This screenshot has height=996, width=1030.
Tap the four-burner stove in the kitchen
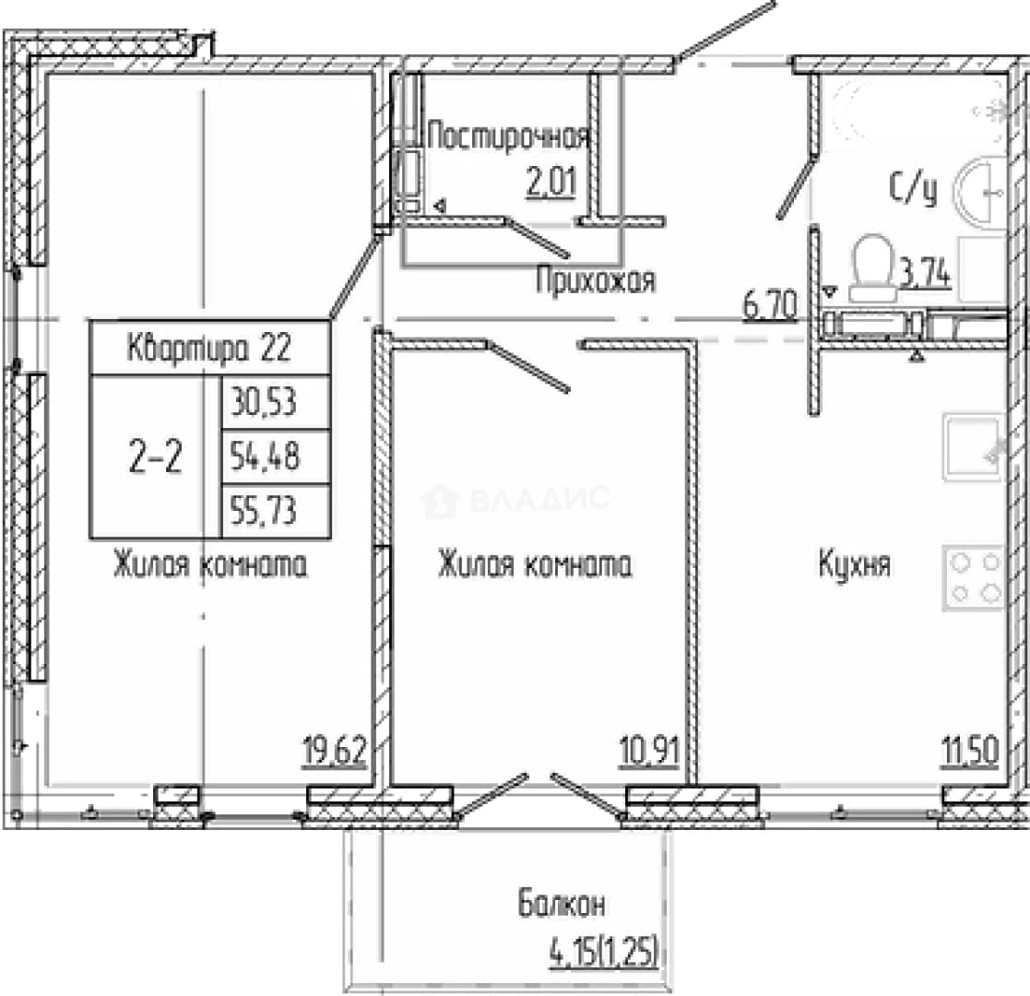tap(975, 578)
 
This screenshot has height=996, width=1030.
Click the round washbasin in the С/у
tap(982, 191)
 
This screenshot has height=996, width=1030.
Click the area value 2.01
tap(551, 183)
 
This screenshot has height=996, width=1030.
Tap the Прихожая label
tap(595, 280)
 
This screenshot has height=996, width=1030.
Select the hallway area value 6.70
tap(770, 306)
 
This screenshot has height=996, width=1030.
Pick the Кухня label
tap(854, 563)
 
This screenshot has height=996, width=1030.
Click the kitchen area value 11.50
tap(970, 751)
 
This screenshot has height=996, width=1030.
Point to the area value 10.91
tap(649, 751)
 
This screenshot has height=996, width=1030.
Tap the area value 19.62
tap(335, 751)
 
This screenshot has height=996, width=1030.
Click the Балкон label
tap(562, 904)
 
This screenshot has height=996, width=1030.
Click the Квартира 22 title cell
tap(209, 348)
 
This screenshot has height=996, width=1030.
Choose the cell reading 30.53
tap(276, 403)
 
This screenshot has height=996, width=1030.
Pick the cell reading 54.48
tap(276, 457)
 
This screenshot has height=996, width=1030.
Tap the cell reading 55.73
tap(276, 512)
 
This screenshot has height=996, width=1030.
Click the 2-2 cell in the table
tap(156, 457)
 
